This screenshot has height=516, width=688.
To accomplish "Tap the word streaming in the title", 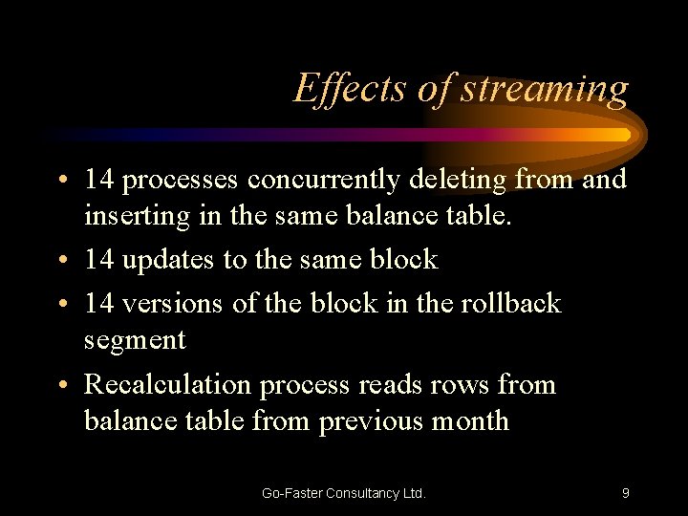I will [546, 90].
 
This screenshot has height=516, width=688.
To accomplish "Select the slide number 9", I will [625, 493].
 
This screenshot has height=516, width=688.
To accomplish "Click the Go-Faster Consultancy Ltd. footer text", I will [344, 493].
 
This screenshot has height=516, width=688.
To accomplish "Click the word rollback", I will [511, 303].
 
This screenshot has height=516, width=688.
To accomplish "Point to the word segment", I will [135, 341].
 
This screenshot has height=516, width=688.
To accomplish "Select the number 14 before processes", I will [98, 179].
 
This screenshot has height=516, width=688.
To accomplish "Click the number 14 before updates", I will [98, 260].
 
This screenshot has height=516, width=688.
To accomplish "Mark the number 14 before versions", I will [98, 303].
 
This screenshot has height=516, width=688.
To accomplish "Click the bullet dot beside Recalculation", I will [60, 385].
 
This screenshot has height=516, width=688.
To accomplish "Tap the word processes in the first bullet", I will [182, 180].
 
